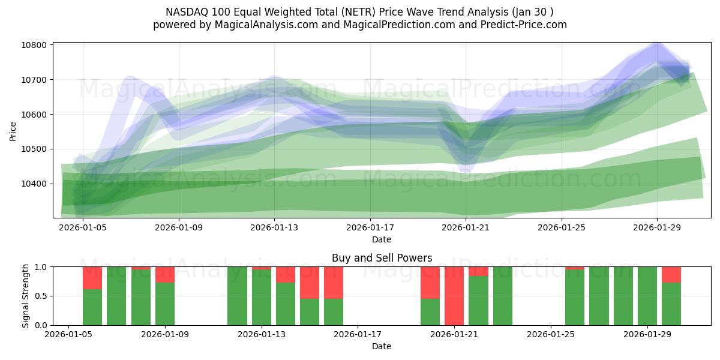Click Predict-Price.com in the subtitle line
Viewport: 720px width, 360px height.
(x=525, y=25)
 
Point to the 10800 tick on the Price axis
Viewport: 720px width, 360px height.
(x=35, y=46)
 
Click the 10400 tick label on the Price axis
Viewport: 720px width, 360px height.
(x=35, y=184)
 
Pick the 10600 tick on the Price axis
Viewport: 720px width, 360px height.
(x=35, y=115)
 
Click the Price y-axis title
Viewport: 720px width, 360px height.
(x=13, y=130)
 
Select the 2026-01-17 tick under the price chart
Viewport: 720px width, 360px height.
(x=370, y=228)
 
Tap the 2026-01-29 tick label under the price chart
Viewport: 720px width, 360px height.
(x=657, y=228)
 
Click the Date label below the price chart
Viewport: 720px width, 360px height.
(x=382, y=240)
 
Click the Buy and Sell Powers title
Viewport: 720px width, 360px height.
(x=382, y=258)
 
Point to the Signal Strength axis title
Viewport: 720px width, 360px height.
(x=25, y=296)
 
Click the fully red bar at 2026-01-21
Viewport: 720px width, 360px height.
(x=454, y=296)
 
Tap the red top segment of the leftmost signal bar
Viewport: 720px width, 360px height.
(x=92, y=278)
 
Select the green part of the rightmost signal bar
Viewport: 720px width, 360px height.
(x=671, y=304)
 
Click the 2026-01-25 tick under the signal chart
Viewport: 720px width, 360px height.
(x=550, y=335)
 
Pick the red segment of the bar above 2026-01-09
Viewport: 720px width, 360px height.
(x=165, y=274)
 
